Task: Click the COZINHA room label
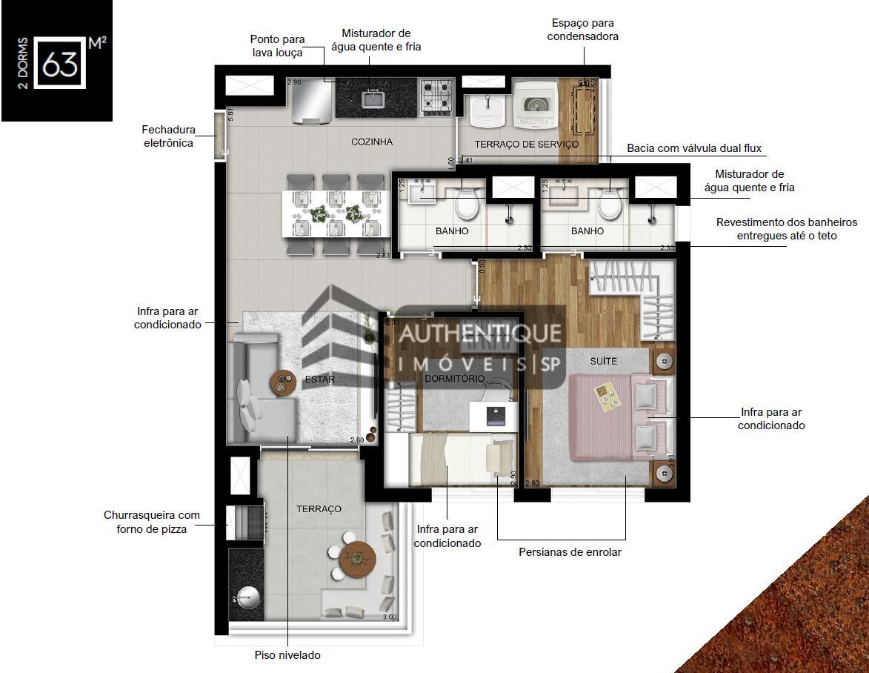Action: coord(372,142)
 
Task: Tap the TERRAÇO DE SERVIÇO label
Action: coord(526,144)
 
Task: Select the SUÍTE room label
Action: coord(603,360)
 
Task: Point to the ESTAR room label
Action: coord(320,379)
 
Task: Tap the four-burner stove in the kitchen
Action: coord(436,96)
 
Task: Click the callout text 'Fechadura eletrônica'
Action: coord(168,136)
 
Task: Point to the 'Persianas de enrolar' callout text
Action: coord(570,552)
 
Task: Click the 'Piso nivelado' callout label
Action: coord(287,655)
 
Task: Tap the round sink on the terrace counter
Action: coord(245,598)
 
